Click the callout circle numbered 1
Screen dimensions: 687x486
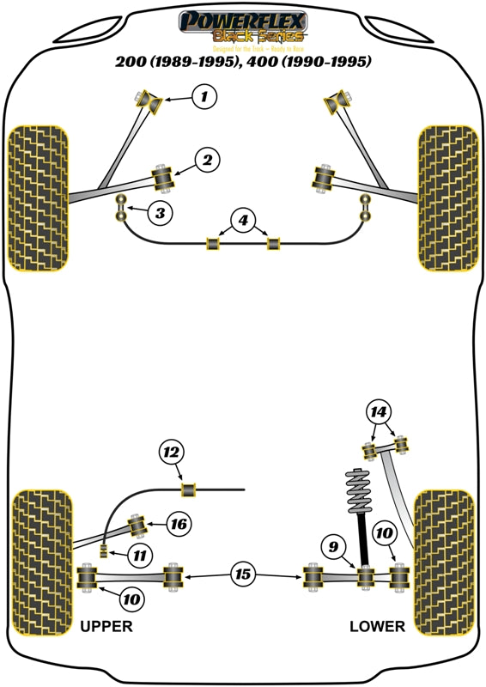pyautogui.click(x=204, y=98)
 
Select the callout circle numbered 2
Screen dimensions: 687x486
pyautogui.click(x=207, y=159)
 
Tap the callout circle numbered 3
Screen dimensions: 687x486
pyautogui.click(x=159, y=211)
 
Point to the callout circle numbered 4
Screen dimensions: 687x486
pyautogui.click(x=243, y=221)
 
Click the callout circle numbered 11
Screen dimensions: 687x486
pyautogui.click(x=139, y=556)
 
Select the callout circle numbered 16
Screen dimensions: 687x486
pyautogui.click(x=178, y=523)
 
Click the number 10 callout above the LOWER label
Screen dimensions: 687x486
pyautogui.click(x=384, y=534)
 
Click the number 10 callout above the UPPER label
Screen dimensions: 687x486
pyautogui.click(x=132, y=598)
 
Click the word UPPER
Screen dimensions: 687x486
pyautogui.click(x=106, y=626)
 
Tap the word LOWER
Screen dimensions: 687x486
pyautogui.click(x=377, y=626)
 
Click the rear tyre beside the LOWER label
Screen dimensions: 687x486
pyautogui.click(x=444, y=562)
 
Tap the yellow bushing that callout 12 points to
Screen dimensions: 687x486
pyautogui.click(x=189, y=489)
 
